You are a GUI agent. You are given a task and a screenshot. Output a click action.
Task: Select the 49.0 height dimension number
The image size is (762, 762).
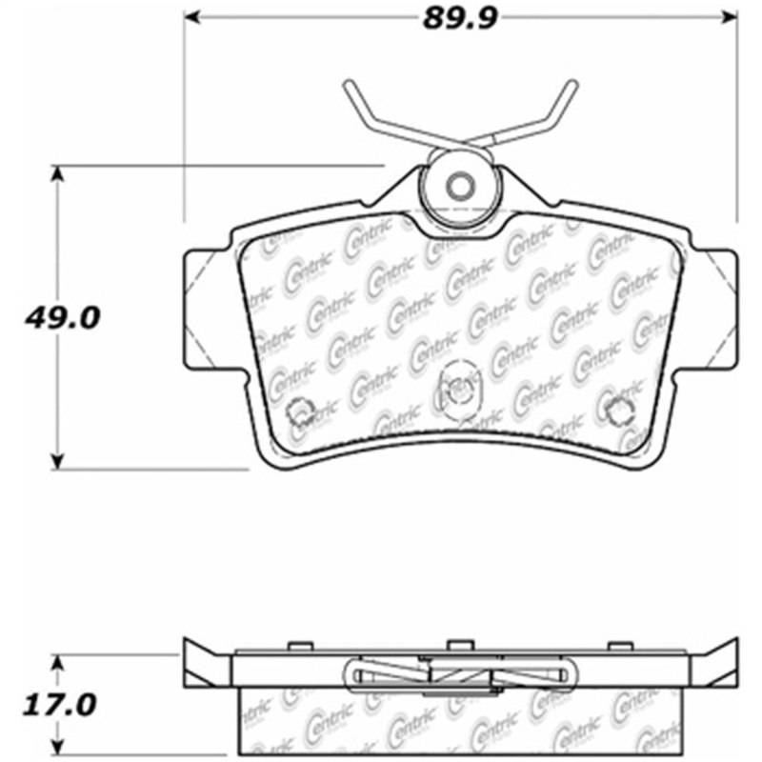pyautogui.click(x=63, y=318)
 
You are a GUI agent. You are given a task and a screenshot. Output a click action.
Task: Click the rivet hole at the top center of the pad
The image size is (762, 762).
pyautogui.click(x=460, y=186)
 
